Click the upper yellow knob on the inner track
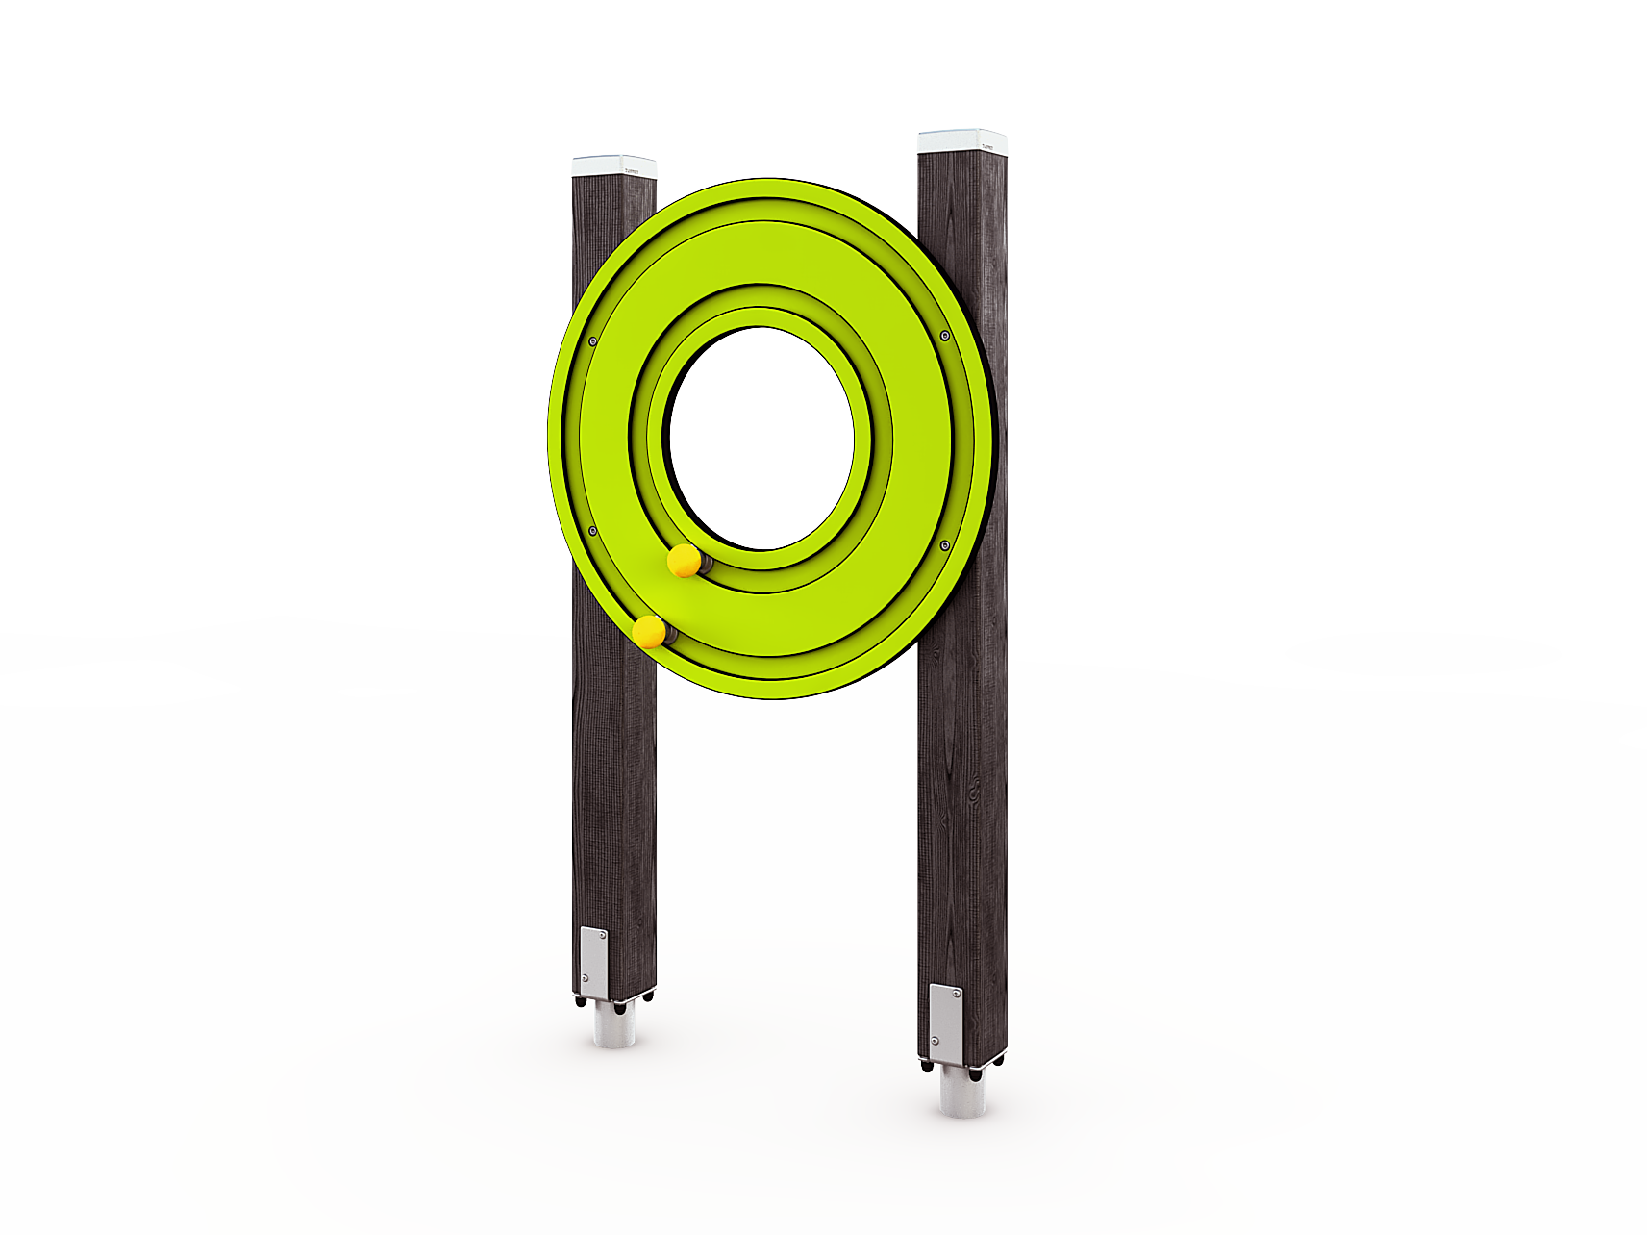684,560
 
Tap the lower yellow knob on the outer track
649,632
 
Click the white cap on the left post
613,166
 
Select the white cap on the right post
961,141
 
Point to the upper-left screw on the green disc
592,341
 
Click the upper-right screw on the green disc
945,336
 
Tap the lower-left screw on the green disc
592,531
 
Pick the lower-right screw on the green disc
945,545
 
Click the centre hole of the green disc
761,438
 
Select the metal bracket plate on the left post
593,962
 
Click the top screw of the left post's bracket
602,933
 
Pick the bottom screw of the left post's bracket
586,978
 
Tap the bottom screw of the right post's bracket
935,1040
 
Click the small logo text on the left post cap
632,172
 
